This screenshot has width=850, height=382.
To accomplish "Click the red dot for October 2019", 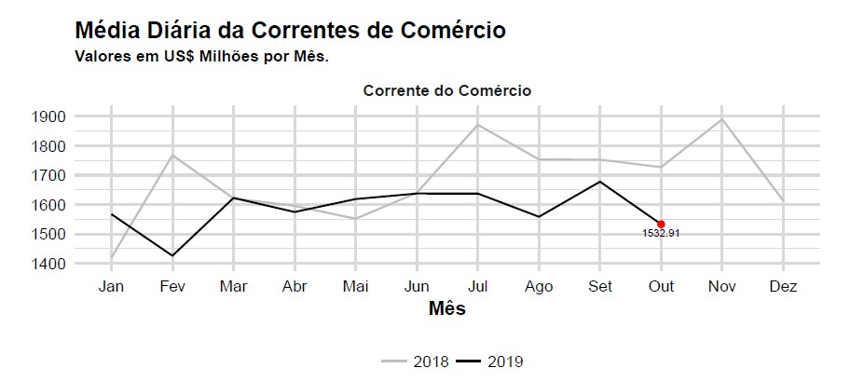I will click(x=661, y=224).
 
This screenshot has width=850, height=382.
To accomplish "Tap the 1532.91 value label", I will click(x=661, y=234).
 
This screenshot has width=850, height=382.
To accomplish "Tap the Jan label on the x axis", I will click(x=111, y=287).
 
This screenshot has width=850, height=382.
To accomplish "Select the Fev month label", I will click(x=171, y=287).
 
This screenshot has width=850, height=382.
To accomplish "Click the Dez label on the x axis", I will click(x=783, y=287).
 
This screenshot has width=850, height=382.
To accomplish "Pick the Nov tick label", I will click(x=722, y=287).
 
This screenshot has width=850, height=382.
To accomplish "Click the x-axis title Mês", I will click(x=446, y=308).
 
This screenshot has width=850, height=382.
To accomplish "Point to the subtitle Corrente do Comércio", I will click(x=447, y=91).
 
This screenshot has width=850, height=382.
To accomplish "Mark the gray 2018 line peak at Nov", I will click(x=722, y=118).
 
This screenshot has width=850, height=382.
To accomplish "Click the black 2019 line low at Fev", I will click(x=171, y=255).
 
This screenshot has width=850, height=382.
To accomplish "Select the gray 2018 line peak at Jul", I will click(x=477, y=125).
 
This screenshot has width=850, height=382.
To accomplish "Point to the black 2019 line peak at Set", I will click(x=600, y=182).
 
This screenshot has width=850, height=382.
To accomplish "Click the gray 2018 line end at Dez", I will click(x=783, y=201).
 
